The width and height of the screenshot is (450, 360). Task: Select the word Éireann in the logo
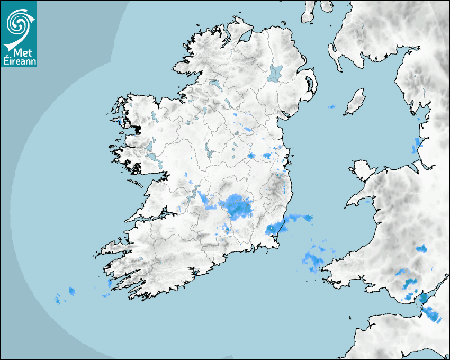coord(19,61)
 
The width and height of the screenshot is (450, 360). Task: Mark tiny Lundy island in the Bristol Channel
coord(350,317)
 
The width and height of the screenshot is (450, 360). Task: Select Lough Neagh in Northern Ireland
coord(275,73)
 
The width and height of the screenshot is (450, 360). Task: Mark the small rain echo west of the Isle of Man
coord(331,107)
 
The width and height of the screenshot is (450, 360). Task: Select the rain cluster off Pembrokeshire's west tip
coord(314,258)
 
